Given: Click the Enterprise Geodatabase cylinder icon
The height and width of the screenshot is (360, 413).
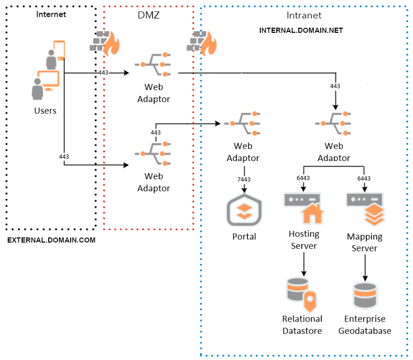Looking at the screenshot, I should coord(365,295).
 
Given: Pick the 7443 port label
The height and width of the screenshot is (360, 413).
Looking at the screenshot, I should coord(244,179).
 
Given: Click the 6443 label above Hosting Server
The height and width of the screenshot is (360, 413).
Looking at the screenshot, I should coord(303,178).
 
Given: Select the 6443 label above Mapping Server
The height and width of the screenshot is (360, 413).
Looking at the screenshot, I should coord(364,178).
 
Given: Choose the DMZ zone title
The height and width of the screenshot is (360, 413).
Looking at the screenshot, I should coord(149,15).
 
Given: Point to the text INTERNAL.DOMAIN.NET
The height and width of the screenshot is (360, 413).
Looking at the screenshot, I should coord(301,30).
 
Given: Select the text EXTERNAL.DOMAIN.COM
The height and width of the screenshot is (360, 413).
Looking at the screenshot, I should coord(51,239).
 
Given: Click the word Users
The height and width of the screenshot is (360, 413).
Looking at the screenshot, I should coord(45,110).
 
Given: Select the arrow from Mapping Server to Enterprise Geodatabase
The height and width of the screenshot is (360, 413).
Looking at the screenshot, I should coord(365,267).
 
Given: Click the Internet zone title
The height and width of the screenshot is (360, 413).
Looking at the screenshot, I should coord(51,14).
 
